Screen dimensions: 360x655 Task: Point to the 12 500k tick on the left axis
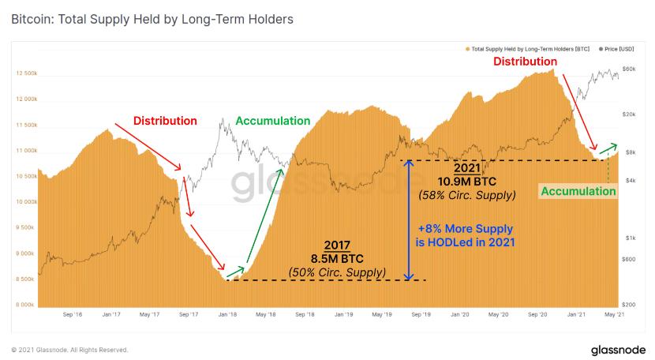[25, 73]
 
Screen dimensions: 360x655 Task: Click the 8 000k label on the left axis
[25, 305]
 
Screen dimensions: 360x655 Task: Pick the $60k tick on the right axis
[629, 70]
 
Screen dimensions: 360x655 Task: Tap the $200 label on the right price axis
[629, 305]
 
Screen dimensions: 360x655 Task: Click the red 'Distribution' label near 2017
[165, 121]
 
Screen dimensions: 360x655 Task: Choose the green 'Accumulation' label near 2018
[273, 121]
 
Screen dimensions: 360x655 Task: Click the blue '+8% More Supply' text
[465, 229]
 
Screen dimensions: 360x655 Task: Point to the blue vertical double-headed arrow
[407, 220]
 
